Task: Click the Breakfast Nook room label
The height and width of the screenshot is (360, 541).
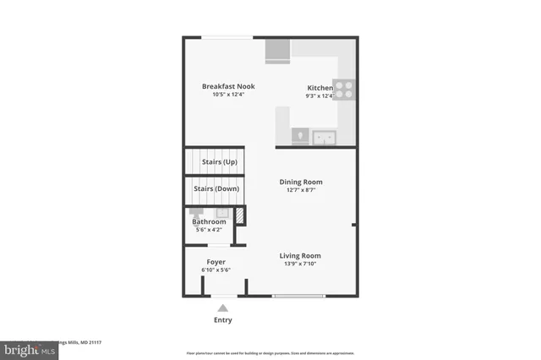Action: (227, 86)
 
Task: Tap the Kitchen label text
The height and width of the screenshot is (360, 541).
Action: (320, 88)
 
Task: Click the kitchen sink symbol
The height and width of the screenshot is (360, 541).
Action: (323, 137)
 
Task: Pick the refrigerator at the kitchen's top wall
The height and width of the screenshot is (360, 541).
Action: (277, 51)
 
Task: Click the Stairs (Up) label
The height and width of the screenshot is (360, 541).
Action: (219, 161)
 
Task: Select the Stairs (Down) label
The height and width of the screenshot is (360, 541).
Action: (216, 188)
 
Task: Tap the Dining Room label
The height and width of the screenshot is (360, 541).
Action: (301, 182)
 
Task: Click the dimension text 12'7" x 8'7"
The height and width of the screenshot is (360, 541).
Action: (301, 191)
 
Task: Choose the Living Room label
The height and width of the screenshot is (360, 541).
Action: (300, 255)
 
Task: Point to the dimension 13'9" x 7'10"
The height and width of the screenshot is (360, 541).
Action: (300, 265)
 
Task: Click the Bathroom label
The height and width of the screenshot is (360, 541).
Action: (209, 221)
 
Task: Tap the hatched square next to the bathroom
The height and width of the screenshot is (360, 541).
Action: (239, 215)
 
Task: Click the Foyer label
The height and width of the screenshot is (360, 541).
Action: (216, 262)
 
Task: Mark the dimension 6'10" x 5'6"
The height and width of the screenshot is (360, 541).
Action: (216, 270)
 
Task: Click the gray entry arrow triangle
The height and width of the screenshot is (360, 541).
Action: (222, 308)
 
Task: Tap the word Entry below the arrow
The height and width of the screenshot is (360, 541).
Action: (222, 320)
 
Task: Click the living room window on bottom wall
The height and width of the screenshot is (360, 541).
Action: (298, 296)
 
